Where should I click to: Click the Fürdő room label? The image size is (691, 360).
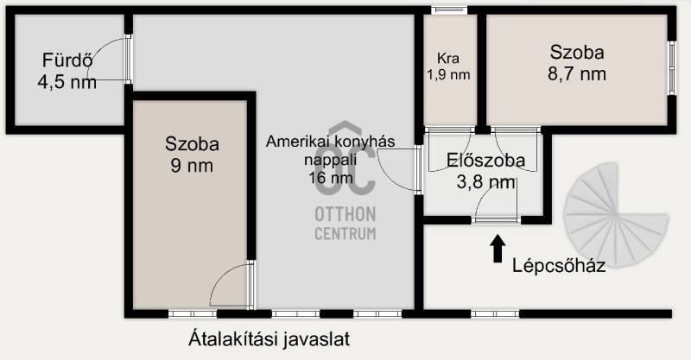(67, 60)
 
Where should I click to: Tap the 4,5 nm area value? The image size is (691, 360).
(67, 82)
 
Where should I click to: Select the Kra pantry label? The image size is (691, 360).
(448, 58)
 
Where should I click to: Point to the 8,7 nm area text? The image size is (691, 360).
(577, 73)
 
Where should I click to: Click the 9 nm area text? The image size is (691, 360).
(192, 166)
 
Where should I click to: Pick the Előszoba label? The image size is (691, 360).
(485, 160)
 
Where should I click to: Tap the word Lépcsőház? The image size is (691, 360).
(559, 265)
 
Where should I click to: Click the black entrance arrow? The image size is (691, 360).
(498, 248)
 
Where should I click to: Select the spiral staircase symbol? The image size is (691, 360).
(616, 215)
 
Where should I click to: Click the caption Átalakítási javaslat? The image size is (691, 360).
(269, 339)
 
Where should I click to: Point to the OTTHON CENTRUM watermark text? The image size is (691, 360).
(345, 224)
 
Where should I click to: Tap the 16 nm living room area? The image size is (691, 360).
(331, 178)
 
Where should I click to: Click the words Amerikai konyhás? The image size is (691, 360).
(331, 142)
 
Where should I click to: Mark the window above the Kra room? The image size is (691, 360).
(449, 9)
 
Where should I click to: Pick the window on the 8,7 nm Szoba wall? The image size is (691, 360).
(671, 68)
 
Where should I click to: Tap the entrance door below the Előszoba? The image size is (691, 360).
(496, 219)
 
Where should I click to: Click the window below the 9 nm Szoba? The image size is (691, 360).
(193, 313)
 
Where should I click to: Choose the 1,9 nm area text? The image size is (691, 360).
(448, 74)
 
